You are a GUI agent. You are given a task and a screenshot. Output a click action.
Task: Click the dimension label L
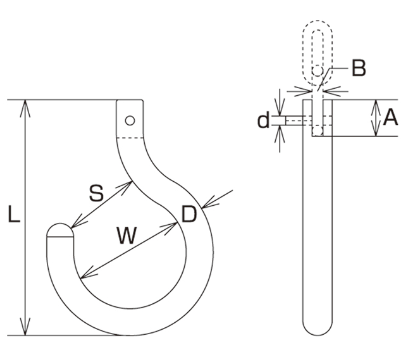coord(14,214)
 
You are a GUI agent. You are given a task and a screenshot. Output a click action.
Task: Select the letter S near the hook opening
coord(97,193)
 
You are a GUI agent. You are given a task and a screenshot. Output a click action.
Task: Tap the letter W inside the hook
coord(127,235)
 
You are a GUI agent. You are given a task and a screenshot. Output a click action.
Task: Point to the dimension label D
coord(189,214)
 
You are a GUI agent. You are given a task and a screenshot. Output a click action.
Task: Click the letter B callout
coord(359,68)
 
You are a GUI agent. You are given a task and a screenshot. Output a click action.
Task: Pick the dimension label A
coord(390,118)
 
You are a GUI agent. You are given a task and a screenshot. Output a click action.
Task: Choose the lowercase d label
coord(263,120)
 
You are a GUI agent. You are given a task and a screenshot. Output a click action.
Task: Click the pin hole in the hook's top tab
coord(130,120)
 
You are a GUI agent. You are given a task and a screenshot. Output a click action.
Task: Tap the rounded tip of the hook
coord(60,230)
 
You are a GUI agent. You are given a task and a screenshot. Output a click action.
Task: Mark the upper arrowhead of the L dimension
coord(25,108)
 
